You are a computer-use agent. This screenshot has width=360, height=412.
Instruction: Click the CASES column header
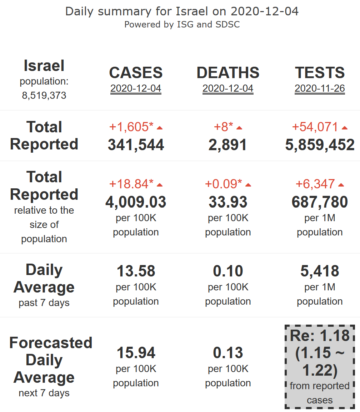(x=136, y=73)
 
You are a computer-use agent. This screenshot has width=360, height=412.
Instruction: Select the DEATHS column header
(x=228, y=73)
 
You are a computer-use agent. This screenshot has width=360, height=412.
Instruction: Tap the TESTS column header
(x=320, y=73)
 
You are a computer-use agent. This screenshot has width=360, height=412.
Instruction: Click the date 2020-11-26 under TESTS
(x=320, y=88)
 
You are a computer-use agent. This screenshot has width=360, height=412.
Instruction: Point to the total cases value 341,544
(x=136, y=144)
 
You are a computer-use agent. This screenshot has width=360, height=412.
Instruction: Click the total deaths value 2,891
(x=228, y=144)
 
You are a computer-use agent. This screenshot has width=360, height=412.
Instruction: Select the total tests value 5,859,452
(x=320, y=144)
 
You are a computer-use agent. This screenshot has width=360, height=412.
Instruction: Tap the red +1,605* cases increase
(x=131, y=127)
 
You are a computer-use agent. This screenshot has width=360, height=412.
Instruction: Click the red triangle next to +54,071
(x=345, y=128)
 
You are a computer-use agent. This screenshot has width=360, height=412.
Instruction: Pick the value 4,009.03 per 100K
(x=136, y=202)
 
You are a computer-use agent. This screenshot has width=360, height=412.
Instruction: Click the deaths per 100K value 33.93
(x=228, y=202)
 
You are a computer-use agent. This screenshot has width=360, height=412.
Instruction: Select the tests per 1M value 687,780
(x=320, y=202)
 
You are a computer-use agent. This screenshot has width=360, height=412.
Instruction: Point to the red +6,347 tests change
(x=315, y=184)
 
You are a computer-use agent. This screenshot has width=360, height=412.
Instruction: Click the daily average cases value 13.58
(x=136, y=271)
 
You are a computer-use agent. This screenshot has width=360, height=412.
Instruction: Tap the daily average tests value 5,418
(x=320, y=271)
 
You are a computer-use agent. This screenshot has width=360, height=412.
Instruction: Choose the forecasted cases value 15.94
(x=136, y=353)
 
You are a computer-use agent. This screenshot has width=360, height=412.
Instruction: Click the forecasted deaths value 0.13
(x=228, y=353)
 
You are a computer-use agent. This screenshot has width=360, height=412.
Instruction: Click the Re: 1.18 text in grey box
(x=320, y=336)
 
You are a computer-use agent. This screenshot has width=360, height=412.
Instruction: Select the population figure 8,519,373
(x=44, y=96)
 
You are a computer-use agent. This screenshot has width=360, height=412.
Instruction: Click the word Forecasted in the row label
(x=51, y=343)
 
